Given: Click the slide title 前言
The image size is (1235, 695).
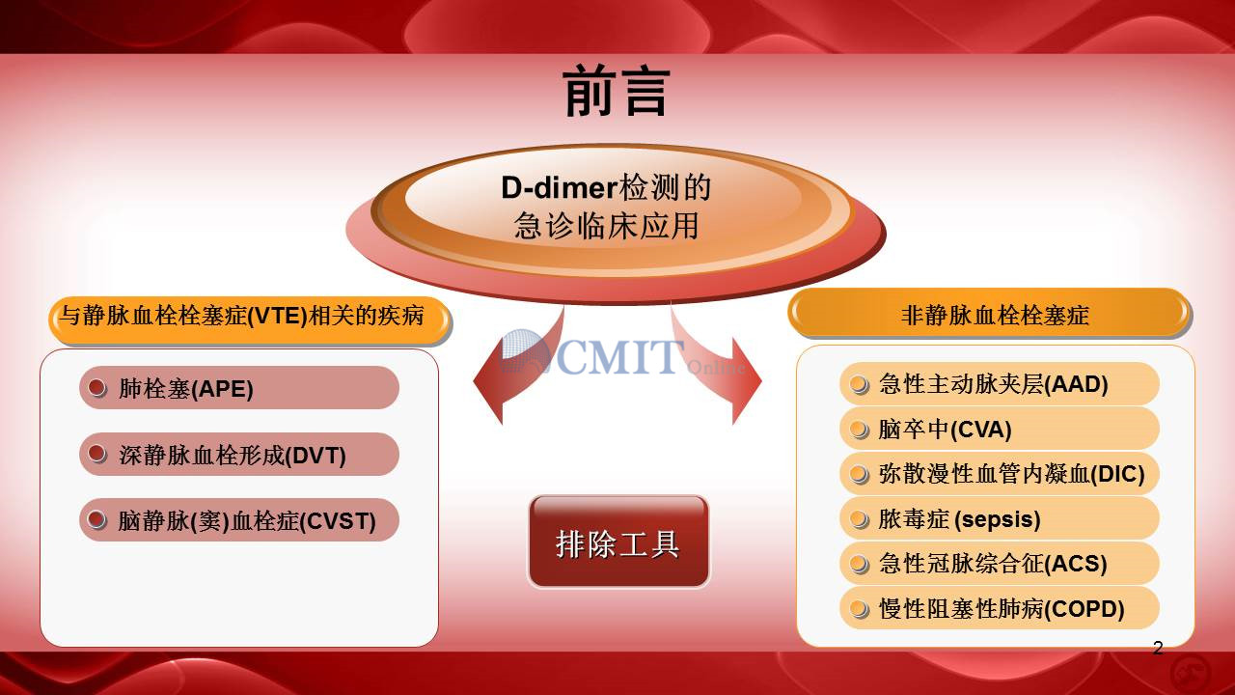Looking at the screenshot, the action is (617, 91).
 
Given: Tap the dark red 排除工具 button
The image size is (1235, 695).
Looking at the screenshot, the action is (618, 542).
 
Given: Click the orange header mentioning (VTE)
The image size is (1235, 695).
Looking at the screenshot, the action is (250, 319).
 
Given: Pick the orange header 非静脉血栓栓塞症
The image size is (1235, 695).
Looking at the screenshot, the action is (990, 314).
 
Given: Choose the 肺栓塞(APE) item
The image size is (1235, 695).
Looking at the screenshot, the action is (238, 388).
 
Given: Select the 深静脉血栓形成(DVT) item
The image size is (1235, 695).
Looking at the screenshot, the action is (238, 454).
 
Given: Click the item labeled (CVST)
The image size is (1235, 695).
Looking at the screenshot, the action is (238, 519).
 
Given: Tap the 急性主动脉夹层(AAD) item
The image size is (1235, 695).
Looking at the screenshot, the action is (999, 384).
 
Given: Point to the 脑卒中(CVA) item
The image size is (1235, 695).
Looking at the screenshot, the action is (999, 429).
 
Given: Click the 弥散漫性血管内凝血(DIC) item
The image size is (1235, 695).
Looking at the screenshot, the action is (999, 473).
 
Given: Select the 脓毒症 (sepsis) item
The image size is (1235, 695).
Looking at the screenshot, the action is (999, 518).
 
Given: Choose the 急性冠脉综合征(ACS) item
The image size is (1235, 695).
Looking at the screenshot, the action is (999, 563).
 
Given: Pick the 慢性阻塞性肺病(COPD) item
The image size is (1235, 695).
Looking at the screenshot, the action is (999, 608).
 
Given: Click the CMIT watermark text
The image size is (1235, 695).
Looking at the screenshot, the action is (622, 356).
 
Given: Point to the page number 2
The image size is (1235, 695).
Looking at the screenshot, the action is (1158, 648).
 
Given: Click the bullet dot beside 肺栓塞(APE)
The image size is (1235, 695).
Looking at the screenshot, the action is (97, 388).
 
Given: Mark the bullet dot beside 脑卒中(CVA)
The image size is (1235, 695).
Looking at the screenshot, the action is (859, 430).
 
